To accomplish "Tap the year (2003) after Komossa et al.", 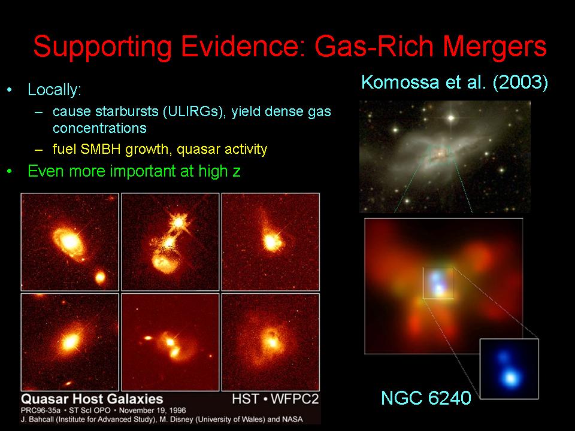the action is (520, 81).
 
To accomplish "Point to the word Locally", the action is (55, 90).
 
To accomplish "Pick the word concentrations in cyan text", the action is (99, 128).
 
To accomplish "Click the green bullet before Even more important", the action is (10, 171).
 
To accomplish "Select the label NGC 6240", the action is (426, 398).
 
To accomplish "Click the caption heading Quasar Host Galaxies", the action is (92, 399).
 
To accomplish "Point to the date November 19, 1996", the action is (153, 411).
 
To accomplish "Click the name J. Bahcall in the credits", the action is (37, 419).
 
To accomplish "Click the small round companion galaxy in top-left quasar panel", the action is (100, 277).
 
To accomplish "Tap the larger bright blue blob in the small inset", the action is (511, 378).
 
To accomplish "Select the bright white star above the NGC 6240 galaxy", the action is (450, 118).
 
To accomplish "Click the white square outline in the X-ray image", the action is (423, 283).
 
